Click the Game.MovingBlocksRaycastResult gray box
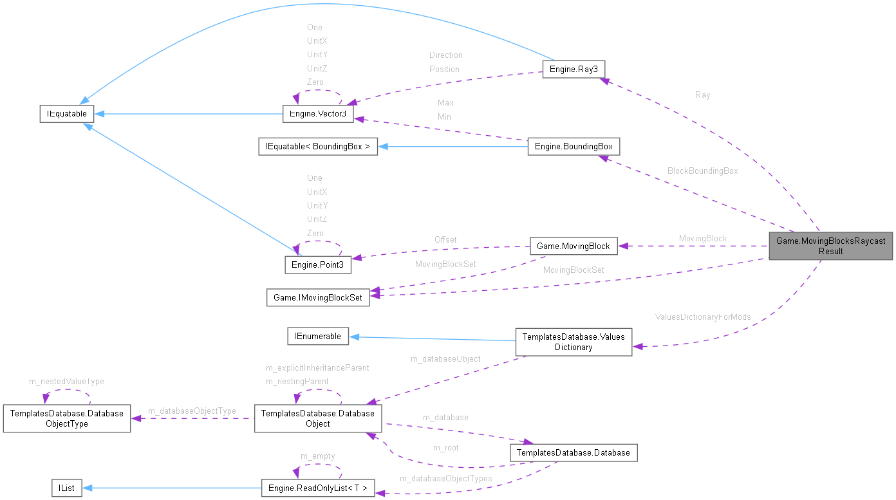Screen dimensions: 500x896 830,246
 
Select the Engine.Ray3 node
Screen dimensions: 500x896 573,69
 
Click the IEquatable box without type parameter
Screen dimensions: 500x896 66,114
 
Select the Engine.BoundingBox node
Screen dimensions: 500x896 573,146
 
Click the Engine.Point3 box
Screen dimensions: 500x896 318,264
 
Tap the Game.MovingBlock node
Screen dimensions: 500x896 573,246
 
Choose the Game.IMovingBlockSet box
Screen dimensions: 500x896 318,297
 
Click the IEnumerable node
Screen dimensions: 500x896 317,335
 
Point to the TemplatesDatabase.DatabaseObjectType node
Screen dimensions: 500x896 67,418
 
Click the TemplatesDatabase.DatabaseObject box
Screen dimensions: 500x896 318,418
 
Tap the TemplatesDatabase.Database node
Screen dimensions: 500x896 573,452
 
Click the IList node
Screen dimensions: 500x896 66,488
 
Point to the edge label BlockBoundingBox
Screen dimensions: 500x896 702,171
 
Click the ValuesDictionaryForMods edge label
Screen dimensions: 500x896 702,317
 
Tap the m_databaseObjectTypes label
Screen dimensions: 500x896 445,478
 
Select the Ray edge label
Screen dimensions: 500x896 702,95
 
